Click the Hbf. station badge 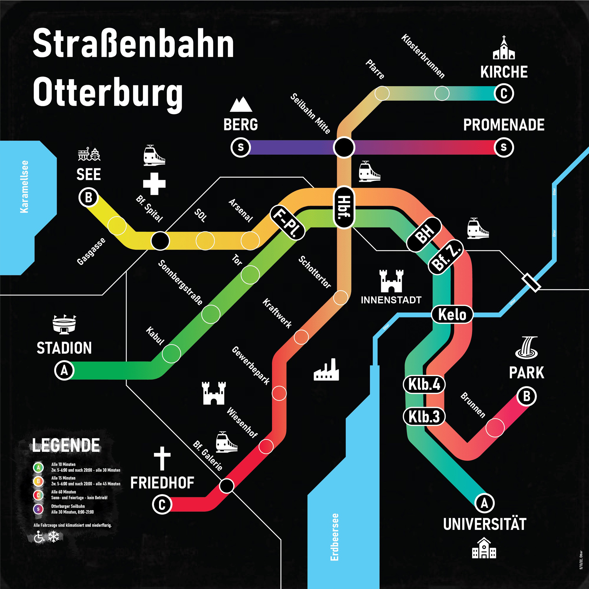[344, 207]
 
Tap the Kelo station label [452, 314]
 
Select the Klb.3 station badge [424, 416]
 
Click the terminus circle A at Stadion [64, 370]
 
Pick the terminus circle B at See [88, 198]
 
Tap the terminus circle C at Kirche [504, 94]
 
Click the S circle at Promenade [504, 148]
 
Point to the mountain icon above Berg [241, 105]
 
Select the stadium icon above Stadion [64, 324]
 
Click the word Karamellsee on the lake [24, 187]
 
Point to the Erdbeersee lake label [335, 537]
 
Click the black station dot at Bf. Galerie [227, 486]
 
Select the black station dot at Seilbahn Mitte [344, 148]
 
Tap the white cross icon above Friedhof [162, 459]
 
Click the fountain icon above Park [527, 347]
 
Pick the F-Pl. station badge [287, 222]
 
